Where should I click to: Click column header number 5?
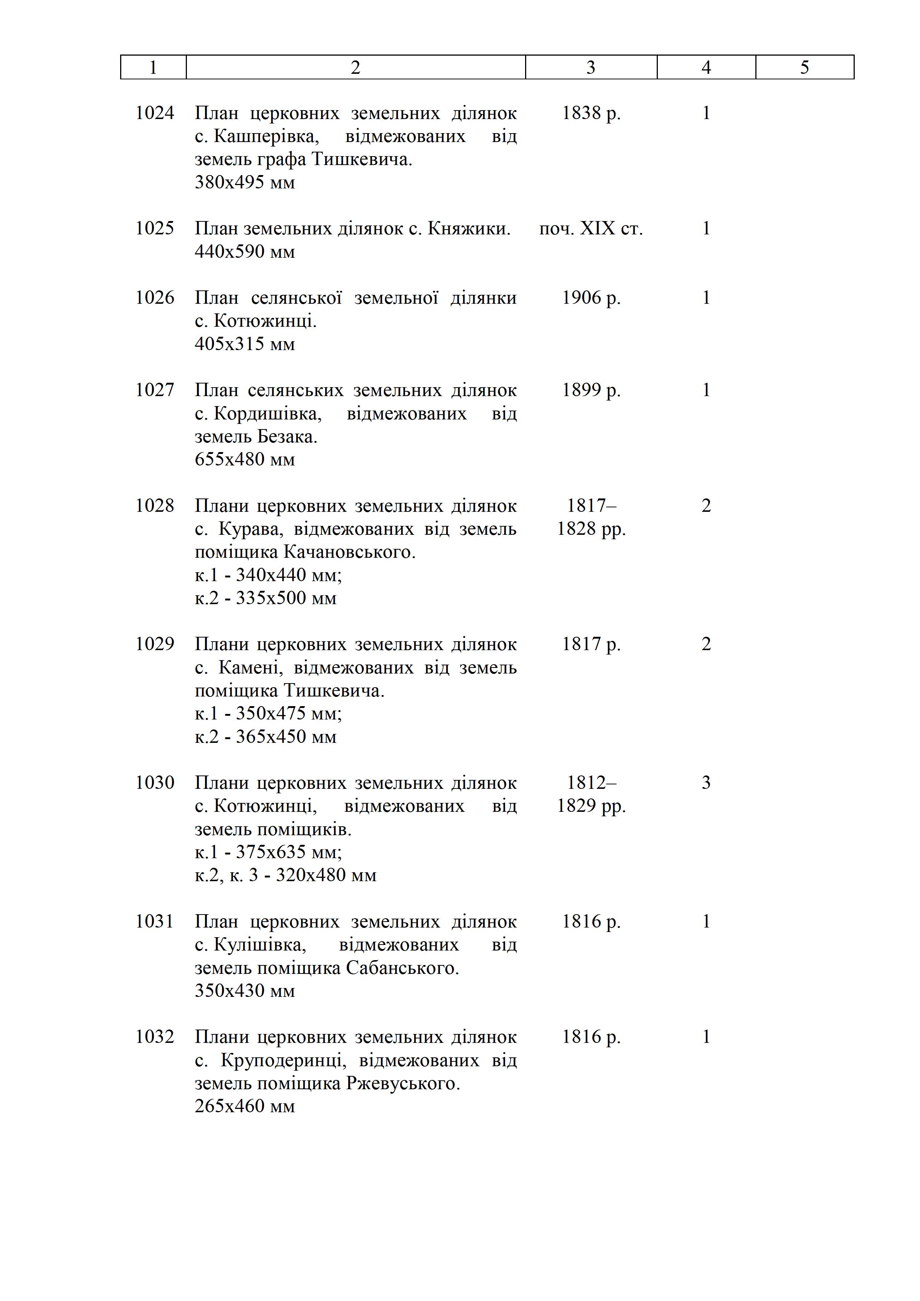click(804, 67)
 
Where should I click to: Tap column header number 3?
click(591, 67)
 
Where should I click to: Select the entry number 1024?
click(155, 113)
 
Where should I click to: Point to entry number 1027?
click(155, 391)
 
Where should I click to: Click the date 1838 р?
click(591, 113)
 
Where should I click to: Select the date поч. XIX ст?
click(591, 229)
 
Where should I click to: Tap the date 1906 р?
click(591, 298)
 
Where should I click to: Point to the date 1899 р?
click(591, 391)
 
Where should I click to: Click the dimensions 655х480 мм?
click(245, 460)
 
